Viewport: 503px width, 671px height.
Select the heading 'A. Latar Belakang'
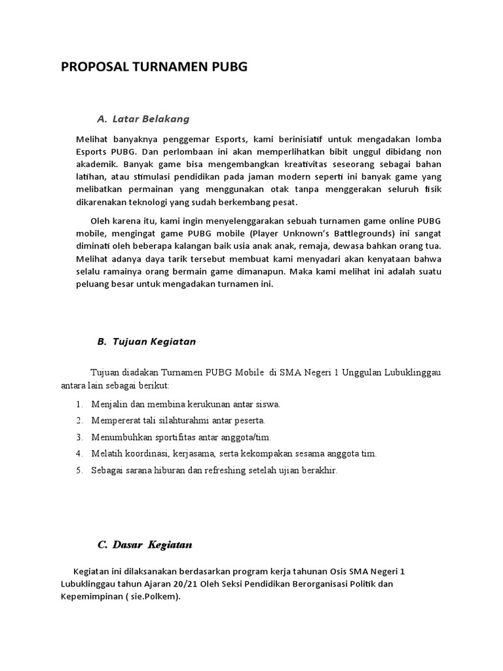[143, 119]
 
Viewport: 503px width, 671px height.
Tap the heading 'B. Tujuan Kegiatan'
[146, 341]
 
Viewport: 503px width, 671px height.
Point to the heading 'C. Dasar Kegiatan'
[145, 545]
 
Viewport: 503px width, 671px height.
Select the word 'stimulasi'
[149, 176]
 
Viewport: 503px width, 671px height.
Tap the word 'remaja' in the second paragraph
[320, 246]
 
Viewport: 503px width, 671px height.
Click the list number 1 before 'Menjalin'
[79, 404]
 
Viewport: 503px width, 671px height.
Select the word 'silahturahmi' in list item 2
[166, 420]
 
